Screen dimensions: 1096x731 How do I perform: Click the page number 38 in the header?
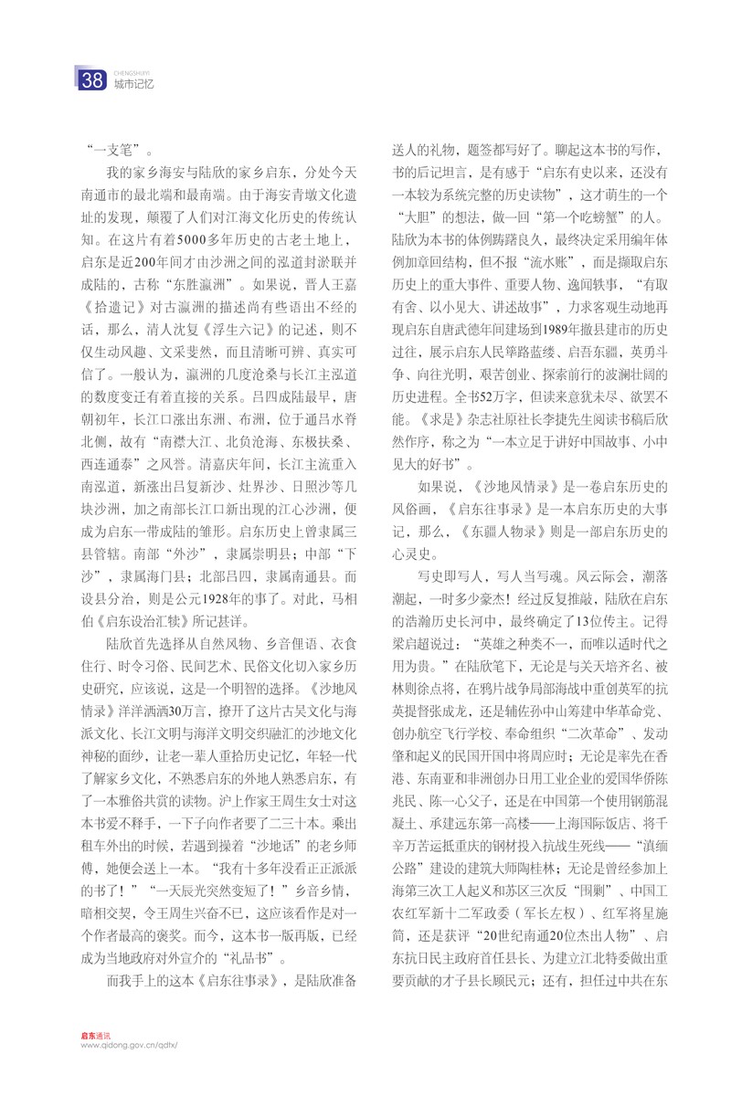tap(92, 80)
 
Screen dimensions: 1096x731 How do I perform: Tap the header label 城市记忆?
tap(132, 84)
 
